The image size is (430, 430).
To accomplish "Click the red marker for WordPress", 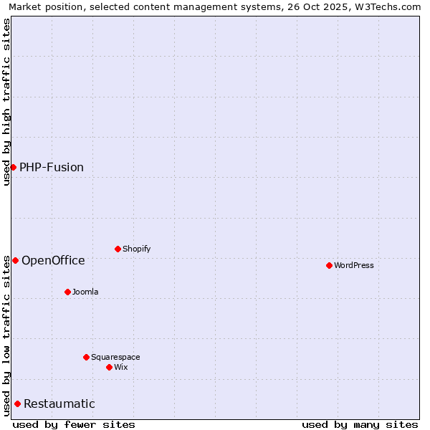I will [329, 265].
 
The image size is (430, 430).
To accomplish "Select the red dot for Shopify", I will [118, 249].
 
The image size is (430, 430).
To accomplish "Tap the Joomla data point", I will [67, 292].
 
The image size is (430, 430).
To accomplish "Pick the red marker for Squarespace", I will [86, 357].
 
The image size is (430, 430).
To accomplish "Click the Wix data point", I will [109, 367].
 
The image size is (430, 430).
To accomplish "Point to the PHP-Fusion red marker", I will [13, 167].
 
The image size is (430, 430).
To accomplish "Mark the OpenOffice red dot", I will [15, 260].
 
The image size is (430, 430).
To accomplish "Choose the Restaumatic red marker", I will [17, 403].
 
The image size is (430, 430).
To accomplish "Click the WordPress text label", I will [354, 265].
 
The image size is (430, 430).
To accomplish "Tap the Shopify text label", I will [137, 249].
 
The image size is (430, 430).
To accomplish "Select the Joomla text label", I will [85, 292].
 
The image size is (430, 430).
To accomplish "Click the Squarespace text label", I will [115, 357].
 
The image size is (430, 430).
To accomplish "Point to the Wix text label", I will [121, 367].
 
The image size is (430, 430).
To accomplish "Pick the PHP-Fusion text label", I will [52, 167].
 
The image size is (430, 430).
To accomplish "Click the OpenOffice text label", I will [53, 260].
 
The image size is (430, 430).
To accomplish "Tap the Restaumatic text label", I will [59, 403].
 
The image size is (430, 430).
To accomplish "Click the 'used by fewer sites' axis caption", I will [74, 424].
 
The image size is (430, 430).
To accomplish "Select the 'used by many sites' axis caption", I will [360, 424].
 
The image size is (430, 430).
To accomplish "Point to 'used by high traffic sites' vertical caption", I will [6, 102].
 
